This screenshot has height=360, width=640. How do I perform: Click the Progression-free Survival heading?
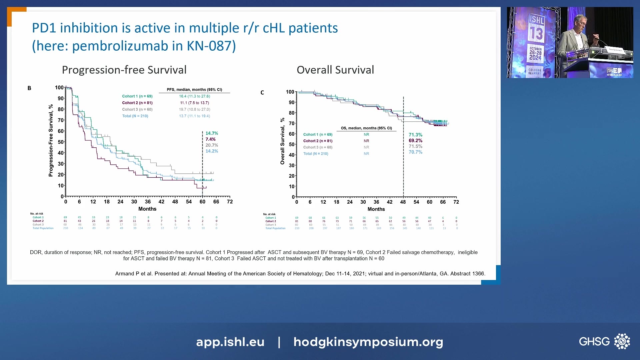124,70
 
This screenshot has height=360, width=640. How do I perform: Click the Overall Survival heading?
335,70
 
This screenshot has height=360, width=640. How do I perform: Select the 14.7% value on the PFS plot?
212,133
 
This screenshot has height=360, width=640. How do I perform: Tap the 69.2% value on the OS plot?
415,141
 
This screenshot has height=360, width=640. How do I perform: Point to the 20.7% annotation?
212,145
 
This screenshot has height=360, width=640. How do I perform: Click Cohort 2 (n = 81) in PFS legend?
137,103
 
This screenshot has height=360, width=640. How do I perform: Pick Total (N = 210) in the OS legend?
315,154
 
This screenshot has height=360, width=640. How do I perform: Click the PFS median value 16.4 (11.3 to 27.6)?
194,96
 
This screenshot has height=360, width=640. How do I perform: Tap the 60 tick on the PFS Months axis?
202,202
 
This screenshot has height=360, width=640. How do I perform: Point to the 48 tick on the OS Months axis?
403,202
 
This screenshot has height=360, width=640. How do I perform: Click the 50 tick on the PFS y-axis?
61,142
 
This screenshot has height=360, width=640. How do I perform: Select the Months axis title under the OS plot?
376,209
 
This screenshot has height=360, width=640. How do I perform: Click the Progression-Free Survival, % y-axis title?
51,140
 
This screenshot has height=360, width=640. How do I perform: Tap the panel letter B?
29,88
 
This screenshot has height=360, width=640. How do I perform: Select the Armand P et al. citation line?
300,274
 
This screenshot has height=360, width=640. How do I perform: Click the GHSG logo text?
594,341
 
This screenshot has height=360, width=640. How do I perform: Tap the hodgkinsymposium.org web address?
368,342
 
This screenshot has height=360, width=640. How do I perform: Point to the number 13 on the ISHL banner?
536,33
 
